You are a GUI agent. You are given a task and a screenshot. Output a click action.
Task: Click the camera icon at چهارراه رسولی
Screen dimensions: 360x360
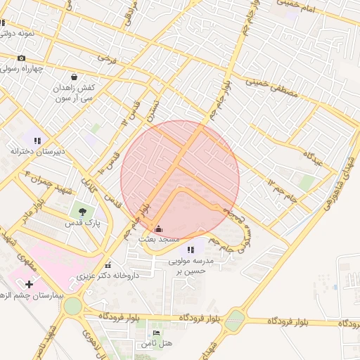21,58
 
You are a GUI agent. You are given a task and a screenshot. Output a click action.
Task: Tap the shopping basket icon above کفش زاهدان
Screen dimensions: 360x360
75,77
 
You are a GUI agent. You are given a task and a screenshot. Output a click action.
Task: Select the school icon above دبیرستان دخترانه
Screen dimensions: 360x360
37,141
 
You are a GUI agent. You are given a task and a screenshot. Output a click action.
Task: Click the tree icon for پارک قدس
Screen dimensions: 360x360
83,211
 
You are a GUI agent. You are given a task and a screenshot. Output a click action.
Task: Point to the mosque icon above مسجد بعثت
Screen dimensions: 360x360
157,229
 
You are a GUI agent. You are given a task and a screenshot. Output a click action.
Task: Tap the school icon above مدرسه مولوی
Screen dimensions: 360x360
190,249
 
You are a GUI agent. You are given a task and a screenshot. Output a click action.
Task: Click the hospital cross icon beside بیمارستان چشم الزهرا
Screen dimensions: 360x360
29,284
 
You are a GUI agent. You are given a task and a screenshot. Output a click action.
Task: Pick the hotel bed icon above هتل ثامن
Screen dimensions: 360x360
156,333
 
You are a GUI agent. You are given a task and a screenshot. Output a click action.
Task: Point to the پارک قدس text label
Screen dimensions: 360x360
79,223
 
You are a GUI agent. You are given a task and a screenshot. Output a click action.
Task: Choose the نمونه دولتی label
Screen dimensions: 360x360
25,33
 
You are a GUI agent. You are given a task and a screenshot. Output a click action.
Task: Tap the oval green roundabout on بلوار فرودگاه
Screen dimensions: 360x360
234,321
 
